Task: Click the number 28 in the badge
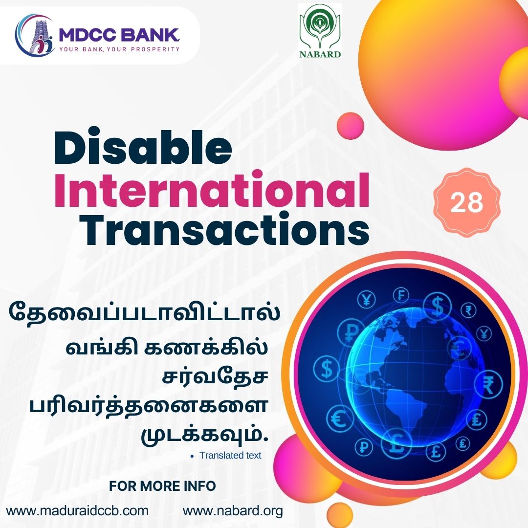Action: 466,203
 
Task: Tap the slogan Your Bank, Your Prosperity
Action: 120,49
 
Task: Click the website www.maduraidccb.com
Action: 77,510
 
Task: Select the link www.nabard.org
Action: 233,510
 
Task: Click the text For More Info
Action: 162,486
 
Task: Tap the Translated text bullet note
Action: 230,455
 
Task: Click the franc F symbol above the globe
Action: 401,296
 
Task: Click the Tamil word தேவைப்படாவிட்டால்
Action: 144,312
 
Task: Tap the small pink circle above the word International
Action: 350,126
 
